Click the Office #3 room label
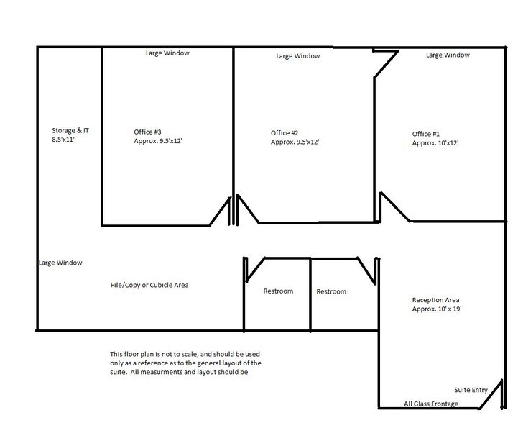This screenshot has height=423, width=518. (x=147, y=132)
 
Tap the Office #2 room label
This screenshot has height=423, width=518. (x=285, y=133)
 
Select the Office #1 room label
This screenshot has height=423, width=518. (x=426, y=134)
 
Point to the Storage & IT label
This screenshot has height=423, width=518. (x=70, y=130)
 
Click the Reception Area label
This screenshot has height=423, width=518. (x=436, y=300)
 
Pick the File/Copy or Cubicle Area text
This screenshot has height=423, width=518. (x=149, y=285)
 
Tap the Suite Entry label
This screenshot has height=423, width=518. (x=471, y=390)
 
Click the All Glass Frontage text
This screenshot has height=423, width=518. (x=431, y=404)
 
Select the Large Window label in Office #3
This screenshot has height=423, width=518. (x=167, y=53)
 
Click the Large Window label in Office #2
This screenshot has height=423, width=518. (x=298, y=56)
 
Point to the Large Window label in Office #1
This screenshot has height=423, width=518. (x=448, y=55)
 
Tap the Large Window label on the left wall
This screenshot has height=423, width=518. (x=60, y=263)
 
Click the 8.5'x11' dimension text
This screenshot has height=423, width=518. (x=63, y=140)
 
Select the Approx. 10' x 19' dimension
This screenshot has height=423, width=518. (x=437, y=309)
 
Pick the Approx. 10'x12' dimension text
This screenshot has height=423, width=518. (x=435, y=143)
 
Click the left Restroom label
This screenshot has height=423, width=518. (x=278, y=291)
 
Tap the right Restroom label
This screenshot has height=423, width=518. (x=331, y=291)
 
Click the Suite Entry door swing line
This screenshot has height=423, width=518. (x=491, y=394)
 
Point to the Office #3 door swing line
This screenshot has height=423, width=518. (x=219, y=211)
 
